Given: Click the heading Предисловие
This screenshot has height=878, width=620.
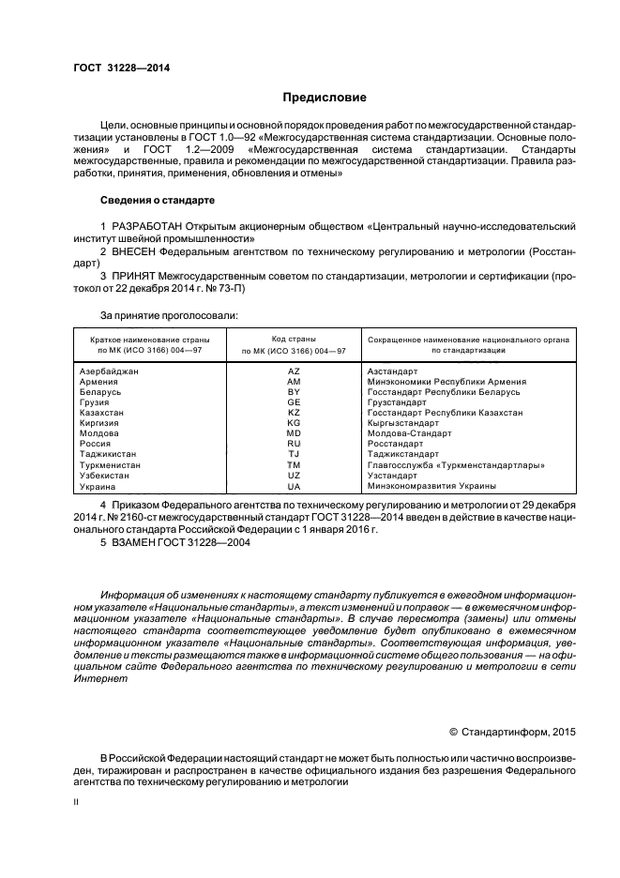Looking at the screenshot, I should pos(325,98).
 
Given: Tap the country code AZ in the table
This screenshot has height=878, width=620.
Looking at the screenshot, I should pos(294,371).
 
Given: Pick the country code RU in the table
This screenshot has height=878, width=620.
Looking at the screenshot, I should pos(294,444).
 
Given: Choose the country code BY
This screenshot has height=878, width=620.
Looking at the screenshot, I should pos(294,392).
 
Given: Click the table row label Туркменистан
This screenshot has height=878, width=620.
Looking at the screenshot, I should pos(111,464).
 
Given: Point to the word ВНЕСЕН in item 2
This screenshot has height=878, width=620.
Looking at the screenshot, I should pos(139,251).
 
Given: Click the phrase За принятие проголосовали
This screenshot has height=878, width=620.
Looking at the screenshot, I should pos(169,314).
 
